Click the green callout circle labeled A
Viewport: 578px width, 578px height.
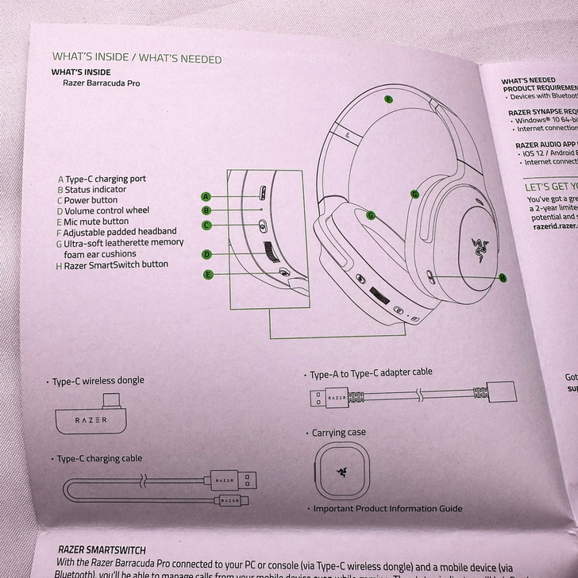tap(206, 196)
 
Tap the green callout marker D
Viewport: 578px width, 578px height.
tap(206, 255)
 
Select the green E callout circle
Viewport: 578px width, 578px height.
tap(209, 275)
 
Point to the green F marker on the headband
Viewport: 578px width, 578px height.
tap(388, 99)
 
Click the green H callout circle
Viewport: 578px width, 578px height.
tap(503, 277)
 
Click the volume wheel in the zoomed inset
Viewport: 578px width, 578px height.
tap(270, 253)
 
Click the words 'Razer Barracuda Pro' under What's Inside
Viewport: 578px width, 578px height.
tap(101, 83)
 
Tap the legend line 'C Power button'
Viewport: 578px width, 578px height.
tap(91, 200)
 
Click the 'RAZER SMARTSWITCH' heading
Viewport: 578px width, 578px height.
tap(102, 549)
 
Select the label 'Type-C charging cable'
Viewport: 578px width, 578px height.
tap(99, 458)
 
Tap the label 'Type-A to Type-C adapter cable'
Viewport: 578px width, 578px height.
tap(371, 373)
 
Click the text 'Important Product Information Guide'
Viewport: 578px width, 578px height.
tap(387, 509)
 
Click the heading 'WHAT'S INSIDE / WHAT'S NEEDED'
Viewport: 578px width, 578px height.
tap(137, 58)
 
